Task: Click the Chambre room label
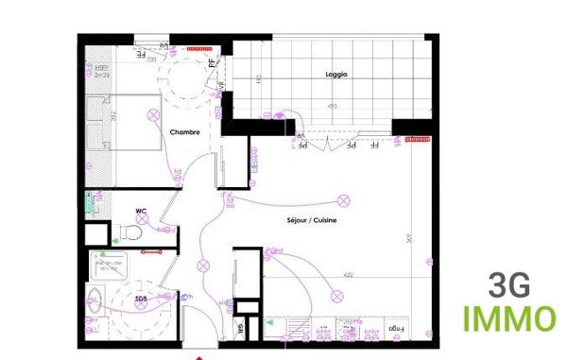click(184, 132)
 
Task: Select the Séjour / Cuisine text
click(313, 221)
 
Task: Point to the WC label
click(141, 211)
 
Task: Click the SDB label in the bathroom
click(141, 299)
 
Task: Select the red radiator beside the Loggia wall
click(417, 139)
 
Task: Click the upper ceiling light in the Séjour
click(344, 200)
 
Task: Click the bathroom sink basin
click(94, 304)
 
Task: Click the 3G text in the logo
click(508, 284)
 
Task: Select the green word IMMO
click(508, 319)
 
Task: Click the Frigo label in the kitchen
click(395, 330)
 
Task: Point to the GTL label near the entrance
click(240, 329)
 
